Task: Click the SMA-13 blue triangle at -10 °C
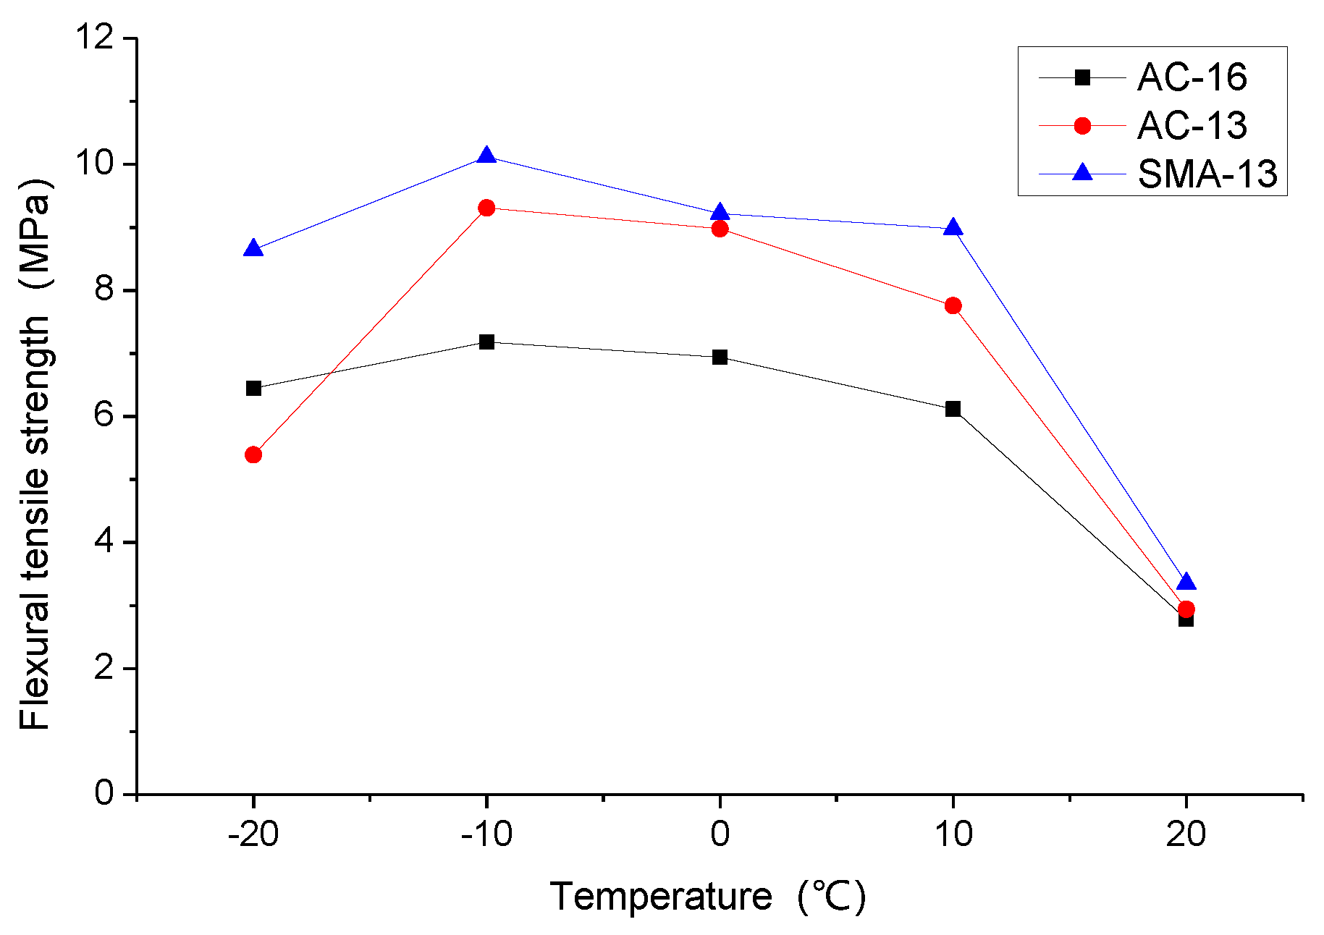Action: (486, 156)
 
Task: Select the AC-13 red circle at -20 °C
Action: (253, 454)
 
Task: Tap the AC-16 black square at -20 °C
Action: (253, 389)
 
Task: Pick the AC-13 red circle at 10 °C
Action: (953, 305)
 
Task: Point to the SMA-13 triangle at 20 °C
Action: (1186, 583)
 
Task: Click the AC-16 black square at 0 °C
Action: (720, 357)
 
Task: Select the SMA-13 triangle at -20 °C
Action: (253, 249)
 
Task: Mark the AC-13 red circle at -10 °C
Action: (486, 208)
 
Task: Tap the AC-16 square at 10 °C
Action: (953, 409)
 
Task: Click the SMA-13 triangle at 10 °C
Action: (953, 228)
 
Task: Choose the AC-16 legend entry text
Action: (1192, 77)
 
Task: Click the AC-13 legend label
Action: (1192, 126)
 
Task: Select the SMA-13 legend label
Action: (1207, 174)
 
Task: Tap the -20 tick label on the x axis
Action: (253, 834)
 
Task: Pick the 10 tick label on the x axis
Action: (953, 834)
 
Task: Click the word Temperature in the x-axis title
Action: (661, 897)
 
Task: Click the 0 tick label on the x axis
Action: (720, 834)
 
